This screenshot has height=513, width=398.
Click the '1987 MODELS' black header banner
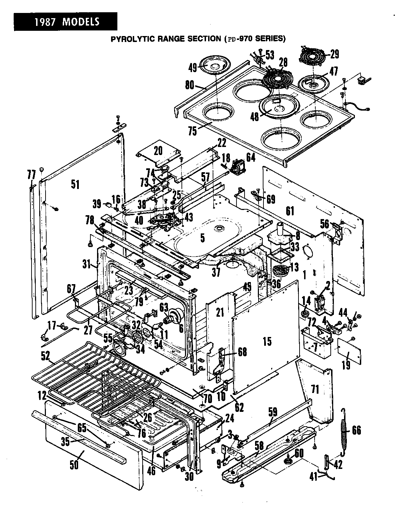(65, 22)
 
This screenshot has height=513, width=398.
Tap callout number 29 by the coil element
(334, 54)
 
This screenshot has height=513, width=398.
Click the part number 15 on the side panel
(267, 341)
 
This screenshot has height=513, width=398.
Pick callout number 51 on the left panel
(75, 184)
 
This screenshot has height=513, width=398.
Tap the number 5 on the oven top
(202, 238)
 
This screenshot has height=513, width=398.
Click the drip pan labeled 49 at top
(214, 66)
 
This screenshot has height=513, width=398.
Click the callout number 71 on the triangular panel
(315, 389)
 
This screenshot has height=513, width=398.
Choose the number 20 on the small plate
(158, 150)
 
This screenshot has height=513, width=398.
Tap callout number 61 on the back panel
(290, 211)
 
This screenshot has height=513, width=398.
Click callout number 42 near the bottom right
(337, 465)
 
